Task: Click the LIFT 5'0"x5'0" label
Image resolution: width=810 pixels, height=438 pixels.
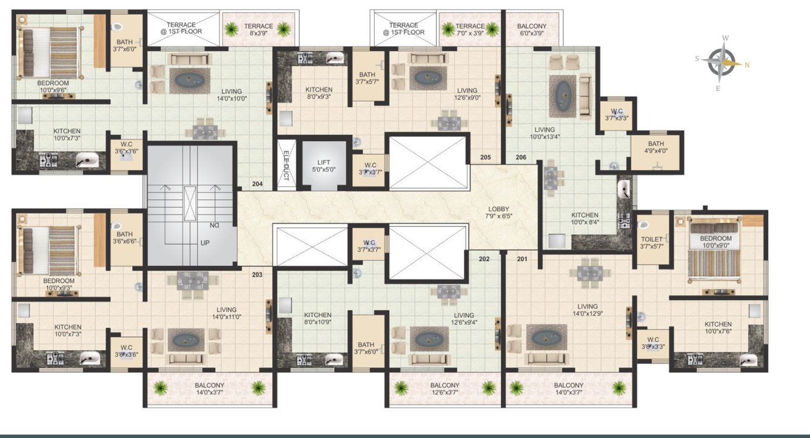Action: point(323,166)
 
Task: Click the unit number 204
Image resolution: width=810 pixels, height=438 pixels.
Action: point(257,184)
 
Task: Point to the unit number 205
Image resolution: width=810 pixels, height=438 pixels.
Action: point(485,158)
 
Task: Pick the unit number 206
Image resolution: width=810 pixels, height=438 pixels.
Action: point(520,158)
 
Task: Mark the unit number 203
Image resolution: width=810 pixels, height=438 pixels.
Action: point(257,274)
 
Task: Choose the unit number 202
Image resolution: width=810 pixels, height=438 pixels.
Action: point(484,259)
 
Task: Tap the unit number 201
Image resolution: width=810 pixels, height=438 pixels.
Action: point(521,259)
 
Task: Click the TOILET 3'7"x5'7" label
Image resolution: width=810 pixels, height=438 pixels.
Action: point(652,243)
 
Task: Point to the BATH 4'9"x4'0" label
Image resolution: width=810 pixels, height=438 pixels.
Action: point(656,148)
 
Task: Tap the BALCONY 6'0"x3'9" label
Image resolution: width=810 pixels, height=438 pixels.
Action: point(532,30)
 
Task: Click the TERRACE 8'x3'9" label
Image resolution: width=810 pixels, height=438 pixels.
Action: point(258,30)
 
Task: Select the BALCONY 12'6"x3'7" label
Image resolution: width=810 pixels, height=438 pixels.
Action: point(445,389)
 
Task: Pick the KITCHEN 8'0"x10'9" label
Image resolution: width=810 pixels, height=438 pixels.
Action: point(318,319)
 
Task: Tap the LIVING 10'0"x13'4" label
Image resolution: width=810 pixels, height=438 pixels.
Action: point(544,133)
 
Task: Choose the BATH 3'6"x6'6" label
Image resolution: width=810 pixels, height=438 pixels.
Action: point(124,238)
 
